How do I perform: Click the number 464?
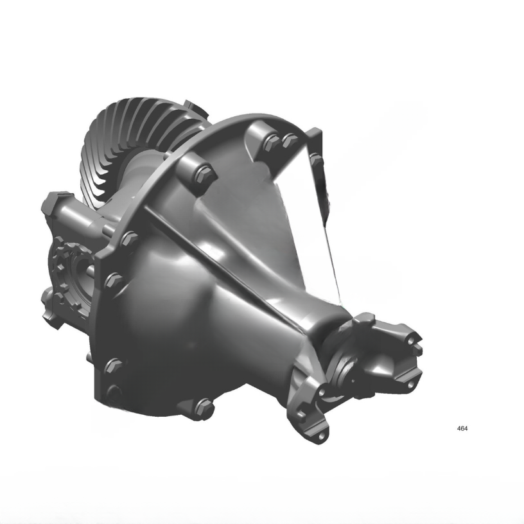462,428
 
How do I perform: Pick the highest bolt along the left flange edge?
129,238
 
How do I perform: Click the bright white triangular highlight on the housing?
308,218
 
